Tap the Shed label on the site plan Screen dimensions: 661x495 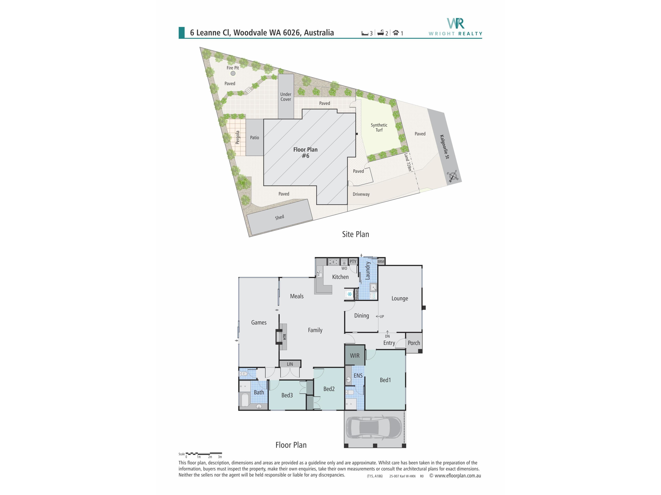[x=279, y=217]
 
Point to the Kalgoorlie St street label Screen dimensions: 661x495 [x=444, y=147]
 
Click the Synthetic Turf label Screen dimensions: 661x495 [x=379, y=127]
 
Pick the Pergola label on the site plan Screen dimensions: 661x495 [x=238, y=137]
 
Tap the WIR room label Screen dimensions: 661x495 [x=355, y=356]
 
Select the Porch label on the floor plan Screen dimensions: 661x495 [x=414, y=343]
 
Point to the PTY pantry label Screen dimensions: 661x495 [x=353, y=262]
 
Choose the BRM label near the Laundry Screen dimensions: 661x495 [x=381, y=262]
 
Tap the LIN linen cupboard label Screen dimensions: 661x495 [x=290, y=364]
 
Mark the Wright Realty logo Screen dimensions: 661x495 [x=455, y=27]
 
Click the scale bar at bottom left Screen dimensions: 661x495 [x=203, y=454]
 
